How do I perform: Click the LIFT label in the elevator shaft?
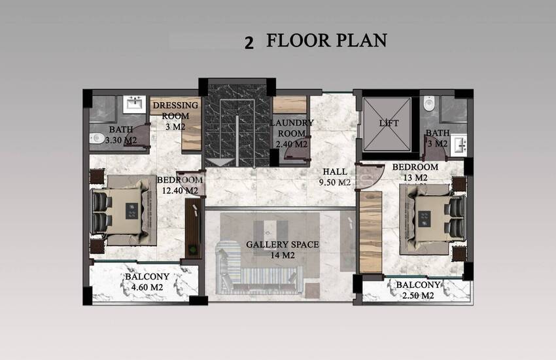pyautogui.click(x=389, y=124)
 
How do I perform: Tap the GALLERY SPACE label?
pyautogui.click(x=283, y=244)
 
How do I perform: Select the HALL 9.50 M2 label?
pyautogui.click(x=335, y=177)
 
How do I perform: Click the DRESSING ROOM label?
pyautogui.click(x=175, y=111)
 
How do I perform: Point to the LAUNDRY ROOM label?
pyautogui.click(x=292, y=128)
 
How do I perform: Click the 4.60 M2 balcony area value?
pyautogui.click(x=147, y=287)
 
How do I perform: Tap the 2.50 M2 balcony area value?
pyautogui.click(x=418, y=295)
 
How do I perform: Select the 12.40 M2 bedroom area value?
pyautogui.click(x=180, y=191)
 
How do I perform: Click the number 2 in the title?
pyautogui.click(x=249, y=43)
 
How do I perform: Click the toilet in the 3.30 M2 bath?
pyautogui.click(x=96, y=138)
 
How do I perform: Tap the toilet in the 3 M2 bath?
pyautogui.click(x=429, y=103)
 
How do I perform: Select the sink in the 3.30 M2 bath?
pyautogui.click(x=134, y=104)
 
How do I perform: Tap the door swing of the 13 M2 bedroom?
pyautogui.click(x=369, y=176)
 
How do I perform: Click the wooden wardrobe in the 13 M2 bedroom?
pyautogui.click(x=370, y=232)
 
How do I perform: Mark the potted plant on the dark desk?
pyautogui.click(x=192, y=249)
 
